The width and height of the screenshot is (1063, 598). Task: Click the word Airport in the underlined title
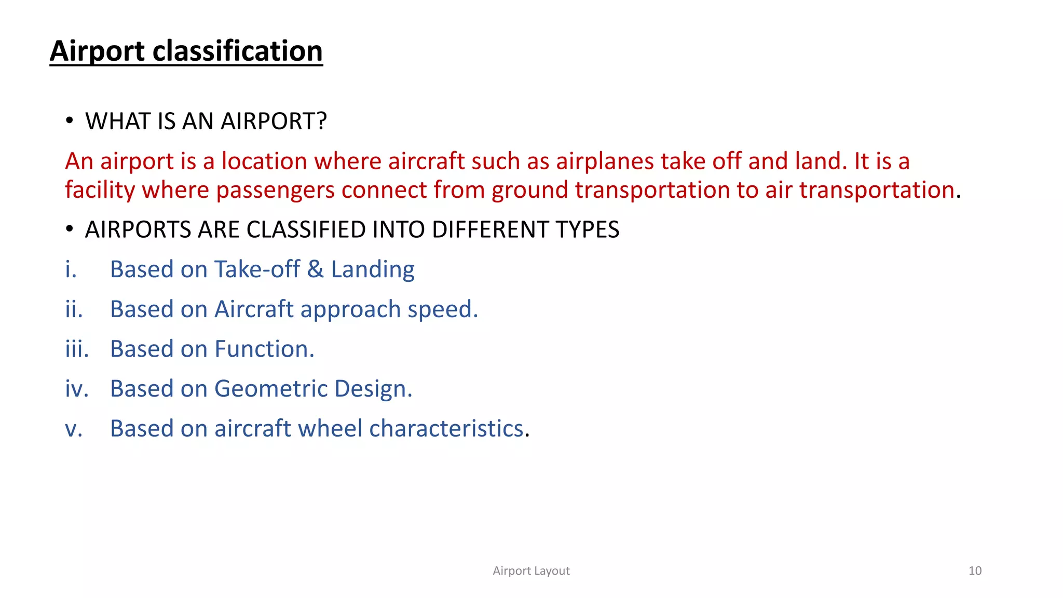click(x=97, y=51)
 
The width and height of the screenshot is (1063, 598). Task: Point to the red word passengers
click(x=275, y=190)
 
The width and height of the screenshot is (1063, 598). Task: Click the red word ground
click(x=530, y=190)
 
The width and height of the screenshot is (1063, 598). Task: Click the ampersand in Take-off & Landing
click(x=315, y=269)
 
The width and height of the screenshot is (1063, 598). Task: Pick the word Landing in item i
click(x=373, y=269)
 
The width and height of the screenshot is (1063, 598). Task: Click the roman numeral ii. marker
click(x=74, y=309)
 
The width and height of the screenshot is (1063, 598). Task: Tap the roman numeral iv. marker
click(x=76, y=389)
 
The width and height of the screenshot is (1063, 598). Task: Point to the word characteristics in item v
click(x=446, y=429)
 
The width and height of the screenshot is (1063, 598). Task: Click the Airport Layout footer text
click(x=531, y=571)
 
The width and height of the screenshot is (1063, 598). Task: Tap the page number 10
click(x=975, y=571)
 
